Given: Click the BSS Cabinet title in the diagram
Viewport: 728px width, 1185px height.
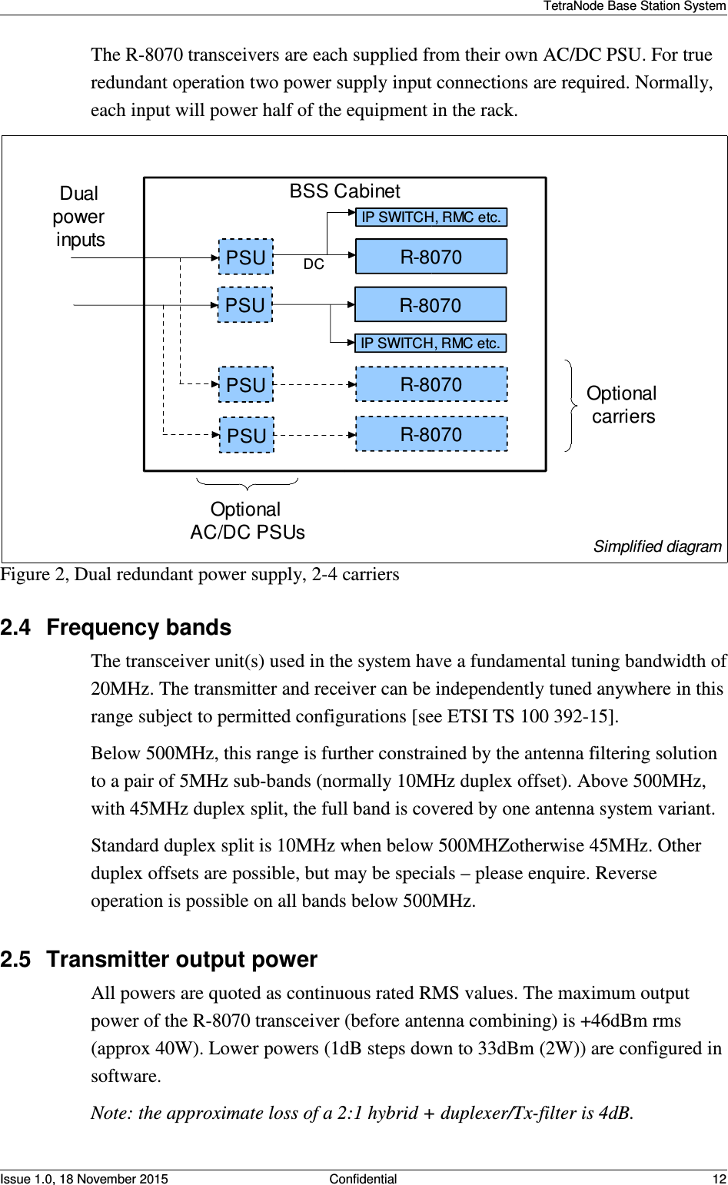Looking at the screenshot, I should (344, 191).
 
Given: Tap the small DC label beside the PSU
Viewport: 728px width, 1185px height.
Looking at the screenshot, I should (314, 264).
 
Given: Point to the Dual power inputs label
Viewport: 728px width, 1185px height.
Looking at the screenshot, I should (79, 217).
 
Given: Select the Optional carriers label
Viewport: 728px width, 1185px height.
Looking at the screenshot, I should (621, 405).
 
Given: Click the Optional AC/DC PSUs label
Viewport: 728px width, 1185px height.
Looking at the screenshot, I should (247, 521).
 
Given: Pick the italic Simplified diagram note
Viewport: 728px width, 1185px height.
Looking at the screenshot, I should (657, 546).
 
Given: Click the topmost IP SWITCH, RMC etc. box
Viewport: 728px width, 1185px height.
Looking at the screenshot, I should (430, 217).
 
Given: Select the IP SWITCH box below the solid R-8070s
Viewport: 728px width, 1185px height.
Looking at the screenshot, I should (430, 344).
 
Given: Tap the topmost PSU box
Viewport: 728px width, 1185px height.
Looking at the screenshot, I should (245, 257).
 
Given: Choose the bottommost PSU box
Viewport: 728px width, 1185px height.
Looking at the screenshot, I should (246, 436).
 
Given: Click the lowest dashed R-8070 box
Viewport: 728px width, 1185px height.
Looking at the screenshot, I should (430, 435).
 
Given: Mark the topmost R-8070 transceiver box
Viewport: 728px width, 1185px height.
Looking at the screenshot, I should (430, 257).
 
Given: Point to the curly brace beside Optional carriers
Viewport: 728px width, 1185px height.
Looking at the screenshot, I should (571, 405).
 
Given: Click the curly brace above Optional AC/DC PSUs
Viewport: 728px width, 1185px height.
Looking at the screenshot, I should (247, 484).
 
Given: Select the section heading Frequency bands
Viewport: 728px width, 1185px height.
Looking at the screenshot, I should (138, 628).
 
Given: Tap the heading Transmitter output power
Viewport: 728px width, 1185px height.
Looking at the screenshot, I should (181, 960).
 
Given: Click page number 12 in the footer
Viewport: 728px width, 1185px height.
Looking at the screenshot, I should (719, 1179).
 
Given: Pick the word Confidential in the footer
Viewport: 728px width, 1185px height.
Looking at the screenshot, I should (363, 1179).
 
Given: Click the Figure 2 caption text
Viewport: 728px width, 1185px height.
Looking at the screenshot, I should (200, 575).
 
